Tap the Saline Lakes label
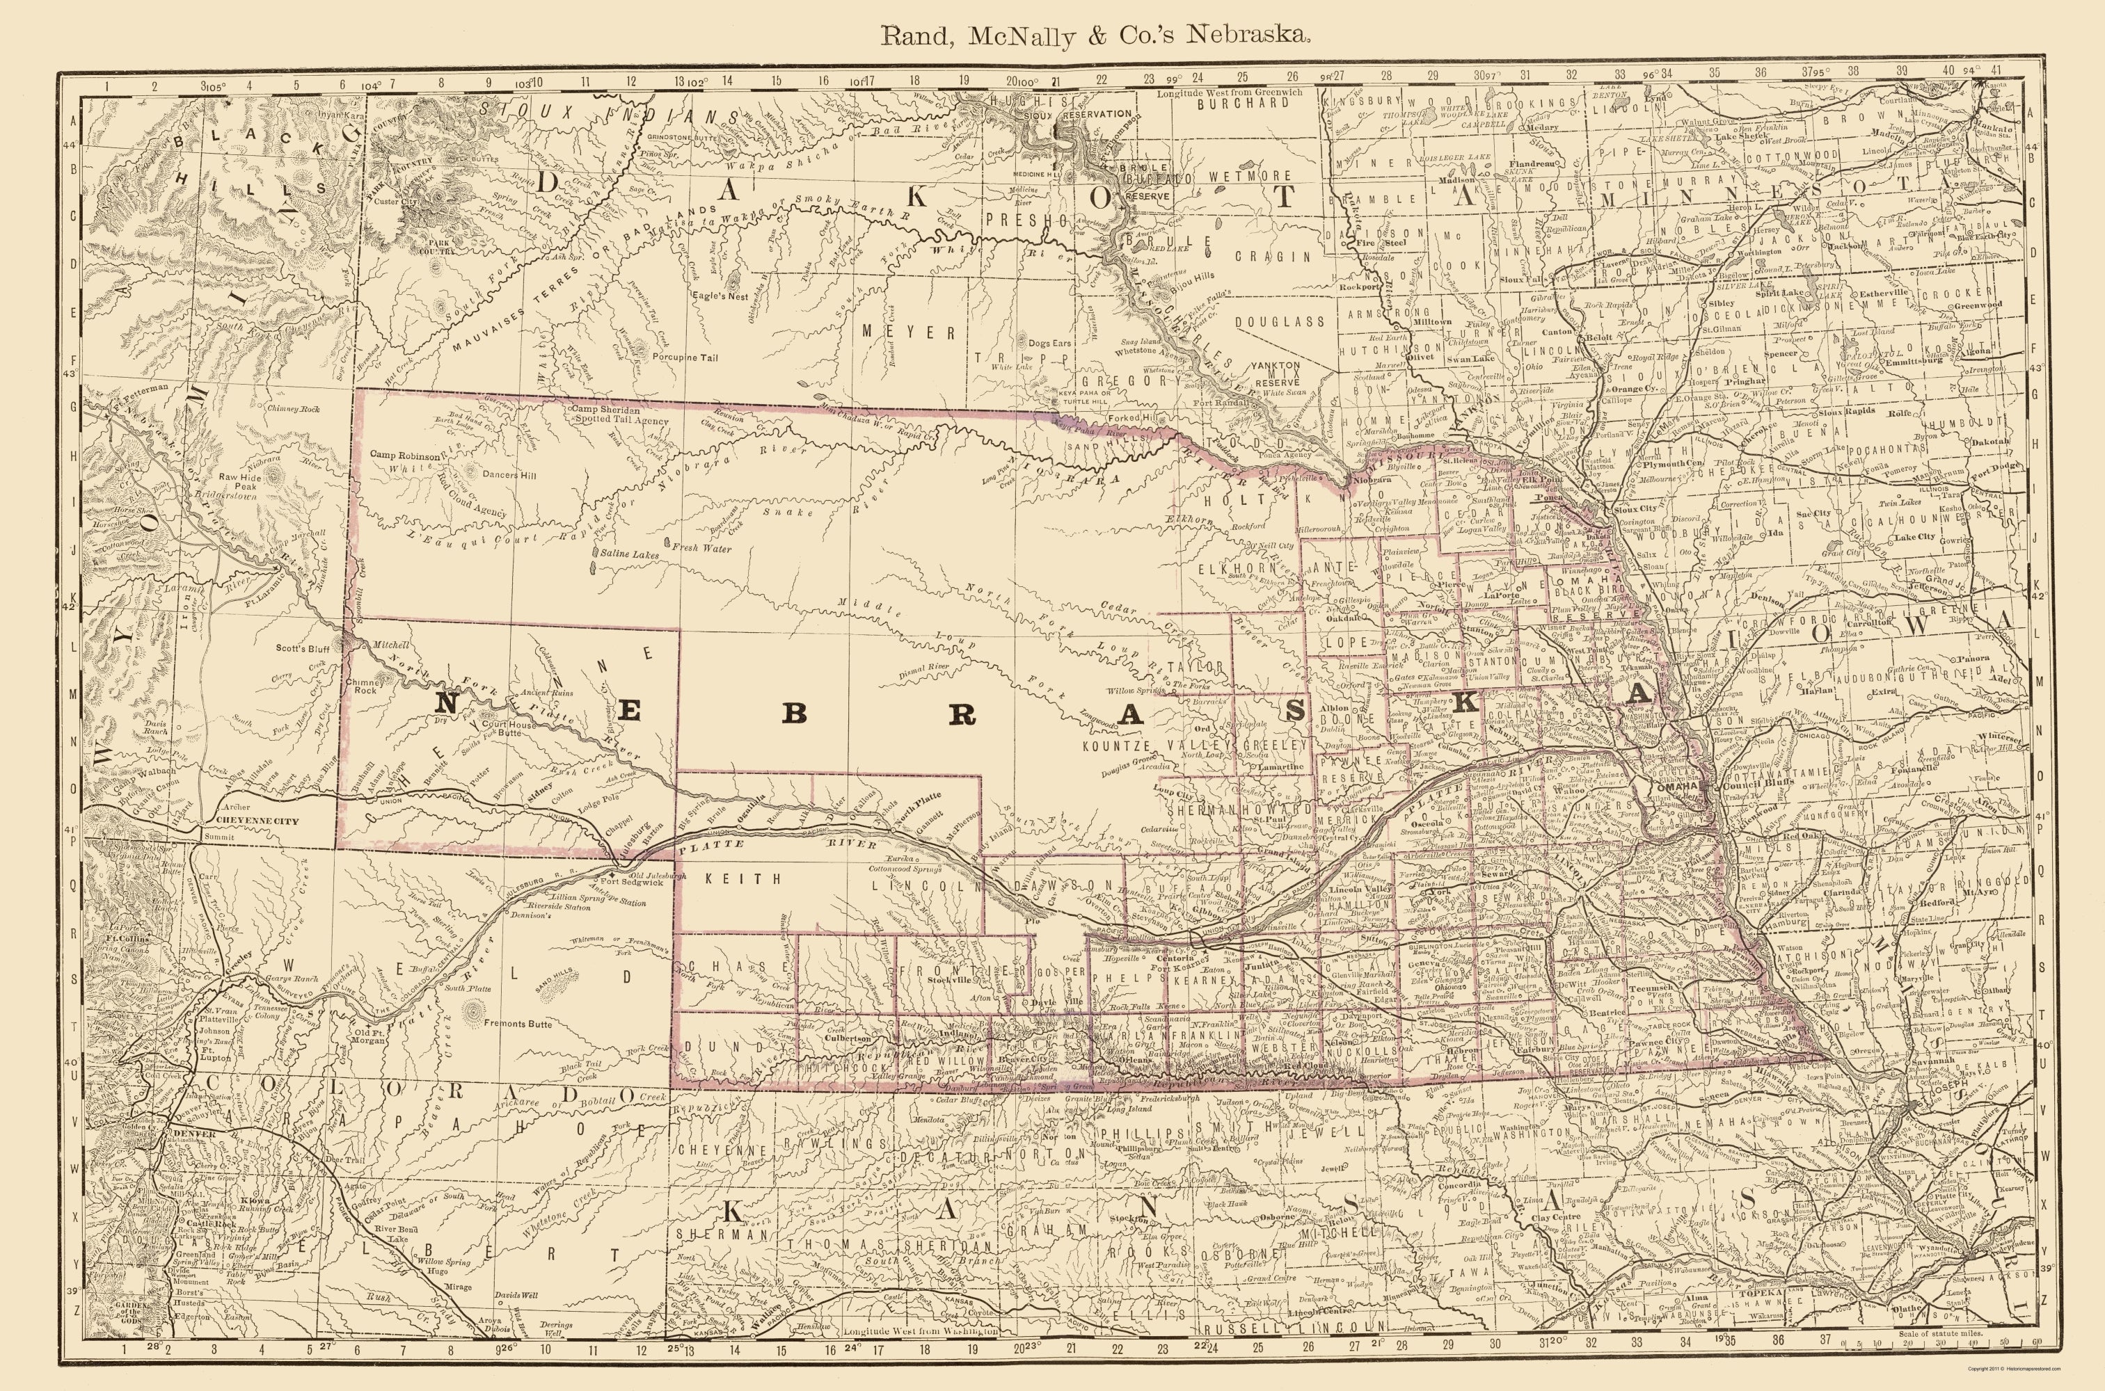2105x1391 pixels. point(629,554)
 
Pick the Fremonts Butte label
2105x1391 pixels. point(520,1024)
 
